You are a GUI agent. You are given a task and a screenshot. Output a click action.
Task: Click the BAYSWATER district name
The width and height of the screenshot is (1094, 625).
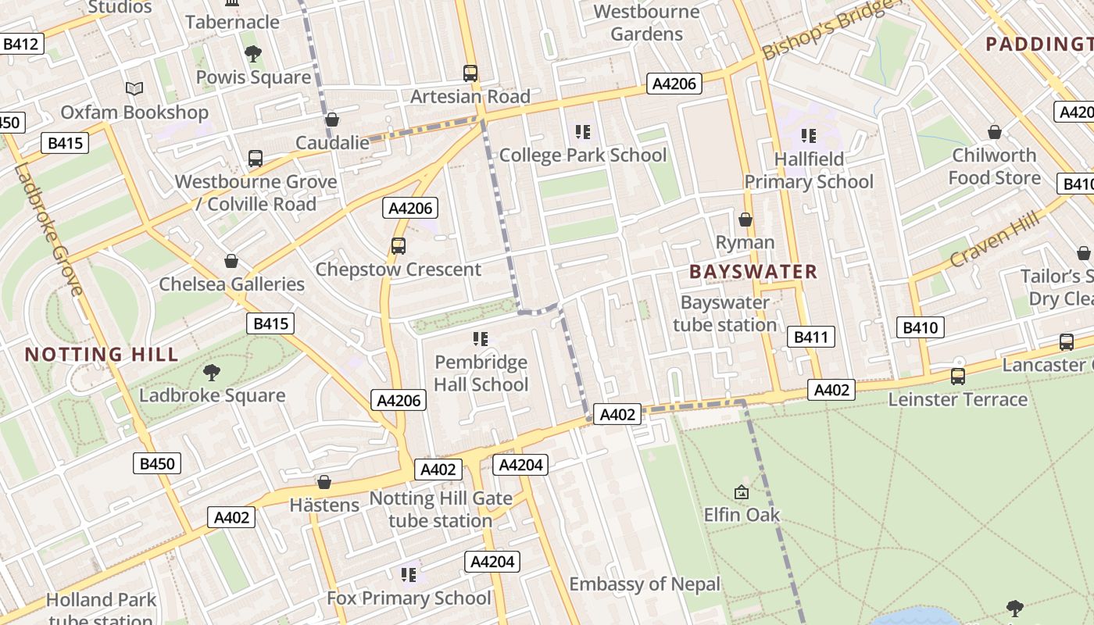753,272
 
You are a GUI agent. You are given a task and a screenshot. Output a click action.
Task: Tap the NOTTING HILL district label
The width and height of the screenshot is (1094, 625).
102,354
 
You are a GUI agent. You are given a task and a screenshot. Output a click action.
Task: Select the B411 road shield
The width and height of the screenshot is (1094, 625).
810,337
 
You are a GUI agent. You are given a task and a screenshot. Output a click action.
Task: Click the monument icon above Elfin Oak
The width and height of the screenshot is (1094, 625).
742,492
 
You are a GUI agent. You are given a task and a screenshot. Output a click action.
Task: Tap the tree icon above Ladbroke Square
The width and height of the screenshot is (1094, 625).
212,372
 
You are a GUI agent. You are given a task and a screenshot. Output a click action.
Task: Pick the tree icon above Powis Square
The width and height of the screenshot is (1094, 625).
252,54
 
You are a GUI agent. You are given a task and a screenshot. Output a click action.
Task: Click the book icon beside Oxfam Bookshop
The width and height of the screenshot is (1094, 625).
134,89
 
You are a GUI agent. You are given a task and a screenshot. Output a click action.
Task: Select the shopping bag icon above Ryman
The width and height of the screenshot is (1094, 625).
745,220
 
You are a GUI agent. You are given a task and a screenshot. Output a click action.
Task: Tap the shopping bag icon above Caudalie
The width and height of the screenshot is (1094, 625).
332,120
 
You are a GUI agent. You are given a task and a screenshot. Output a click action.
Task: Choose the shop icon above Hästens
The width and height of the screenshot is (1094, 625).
324,482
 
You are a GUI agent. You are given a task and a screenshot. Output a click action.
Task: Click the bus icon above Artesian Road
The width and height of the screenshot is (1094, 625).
470,73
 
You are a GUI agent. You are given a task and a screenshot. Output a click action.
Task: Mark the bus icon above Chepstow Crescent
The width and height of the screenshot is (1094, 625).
398,246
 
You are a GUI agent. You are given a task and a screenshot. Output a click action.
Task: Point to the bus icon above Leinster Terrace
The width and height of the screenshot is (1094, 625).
958,377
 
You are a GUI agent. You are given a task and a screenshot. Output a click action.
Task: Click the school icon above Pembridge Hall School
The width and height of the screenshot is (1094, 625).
481,339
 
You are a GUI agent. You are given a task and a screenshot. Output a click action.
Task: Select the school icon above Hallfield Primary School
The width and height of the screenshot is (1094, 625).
808,136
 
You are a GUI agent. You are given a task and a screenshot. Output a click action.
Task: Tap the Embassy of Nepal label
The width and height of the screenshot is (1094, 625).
645,584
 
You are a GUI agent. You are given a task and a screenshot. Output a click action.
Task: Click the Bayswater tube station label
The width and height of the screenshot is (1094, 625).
725,313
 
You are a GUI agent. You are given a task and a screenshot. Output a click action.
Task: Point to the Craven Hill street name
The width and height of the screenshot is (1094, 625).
996,239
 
